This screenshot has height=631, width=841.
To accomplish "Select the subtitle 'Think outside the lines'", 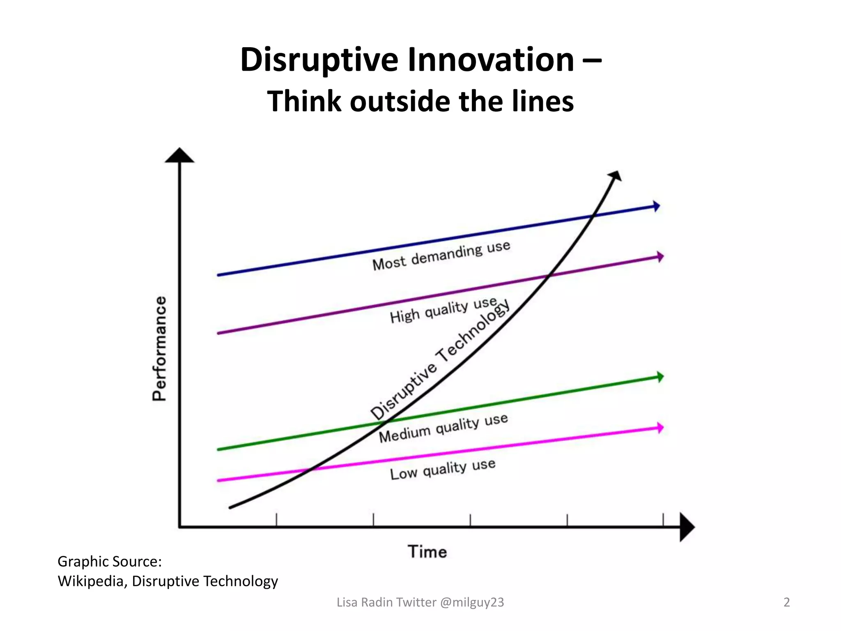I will [x=420, y=101].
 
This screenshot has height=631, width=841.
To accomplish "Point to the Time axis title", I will [x=427, y=552].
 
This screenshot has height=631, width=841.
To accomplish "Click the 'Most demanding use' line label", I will [x=441, y=256].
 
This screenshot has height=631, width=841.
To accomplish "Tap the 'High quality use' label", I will [x=443, y=310].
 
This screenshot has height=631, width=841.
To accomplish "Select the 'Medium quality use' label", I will [x=443, y=428].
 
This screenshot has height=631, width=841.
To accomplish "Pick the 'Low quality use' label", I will [x=442, y=469].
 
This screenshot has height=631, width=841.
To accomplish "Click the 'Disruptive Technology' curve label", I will [x=440, y=359].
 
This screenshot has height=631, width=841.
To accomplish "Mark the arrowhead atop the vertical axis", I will [x=179, y=156].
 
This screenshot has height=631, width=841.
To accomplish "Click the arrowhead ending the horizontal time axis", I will [x=687, y=527].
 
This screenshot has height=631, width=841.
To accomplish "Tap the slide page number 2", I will [x=786, y=602].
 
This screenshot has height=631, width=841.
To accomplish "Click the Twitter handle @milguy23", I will [x=472, y=602].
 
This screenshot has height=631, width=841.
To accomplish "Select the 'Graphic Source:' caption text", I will [x=110, y=562].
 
